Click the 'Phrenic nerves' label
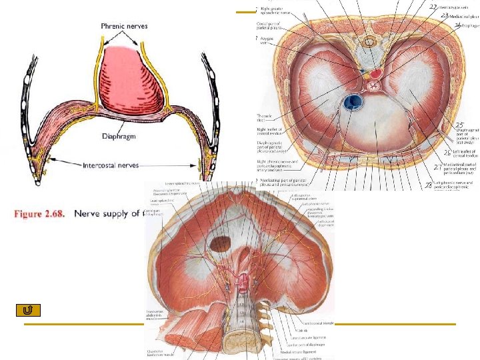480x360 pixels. pos(124,26)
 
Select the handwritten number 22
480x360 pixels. pos(433,7)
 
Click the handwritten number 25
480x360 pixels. pos(459,125)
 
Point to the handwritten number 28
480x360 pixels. pos(429,185)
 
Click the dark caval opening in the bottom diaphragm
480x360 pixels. pos(219,244)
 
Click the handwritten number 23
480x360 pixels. pos(443,15)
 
